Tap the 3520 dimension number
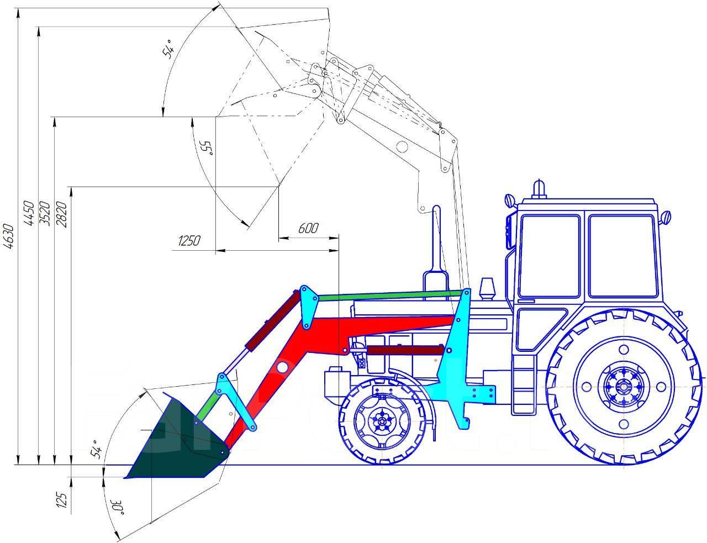point(45,213)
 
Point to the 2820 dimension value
point(62,213)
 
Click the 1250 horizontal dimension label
point(189,241)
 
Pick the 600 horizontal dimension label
point(308,228)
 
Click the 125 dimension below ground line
point(62,499)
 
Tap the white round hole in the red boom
point(283,367)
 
